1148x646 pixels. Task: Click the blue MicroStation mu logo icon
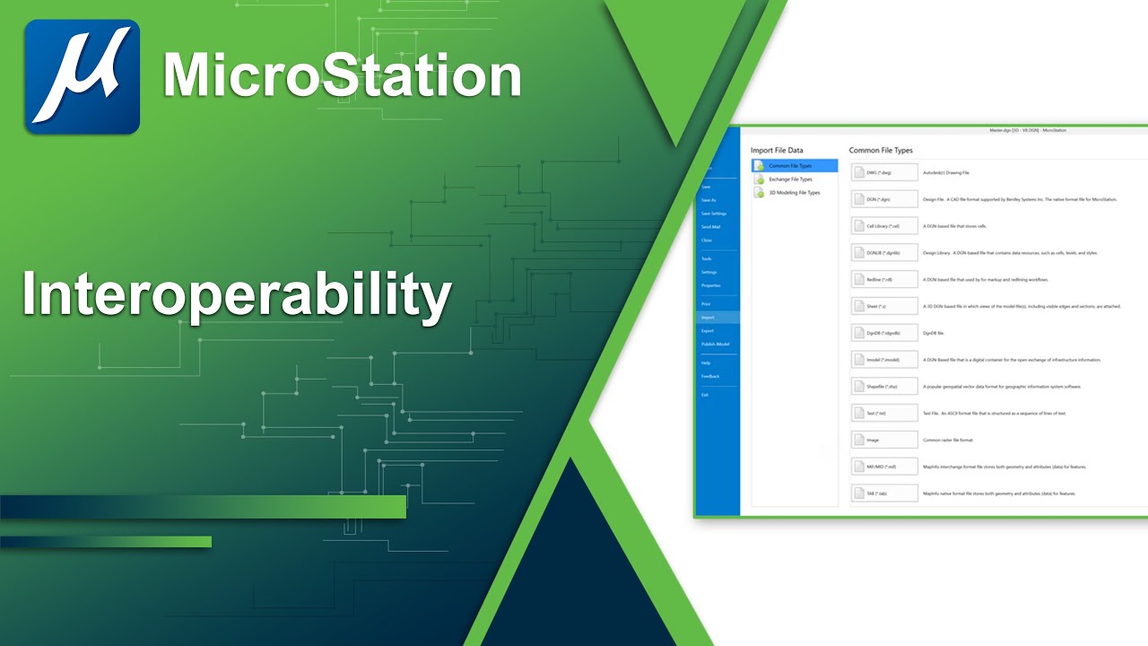82,77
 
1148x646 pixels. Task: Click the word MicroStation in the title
342,76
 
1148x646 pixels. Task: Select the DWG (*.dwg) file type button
884,172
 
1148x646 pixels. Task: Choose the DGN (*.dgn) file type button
884,199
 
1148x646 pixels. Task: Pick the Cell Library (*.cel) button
884,226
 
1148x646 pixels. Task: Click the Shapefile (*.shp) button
884,387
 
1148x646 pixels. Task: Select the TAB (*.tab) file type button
884,493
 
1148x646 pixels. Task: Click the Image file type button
884,441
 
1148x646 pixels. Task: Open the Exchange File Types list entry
790,179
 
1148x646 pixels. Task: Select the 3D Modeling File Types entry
794,193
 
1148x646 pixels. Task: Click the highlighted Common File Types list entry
794,166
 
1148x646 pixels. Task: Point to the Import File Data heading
777,150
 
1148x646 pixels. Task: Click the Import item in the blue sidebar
709,318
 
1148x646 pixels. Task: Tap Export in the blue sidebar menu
709,331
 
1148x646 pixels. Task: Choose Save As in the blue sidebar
709,200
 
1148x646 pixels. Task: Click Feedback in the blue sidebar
710,376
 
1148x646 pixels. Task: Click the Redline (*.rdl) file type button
884,279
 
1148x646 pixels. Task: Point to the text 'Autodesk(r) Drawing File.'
946,172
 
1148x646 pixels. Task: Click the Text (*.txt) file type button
884,414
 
